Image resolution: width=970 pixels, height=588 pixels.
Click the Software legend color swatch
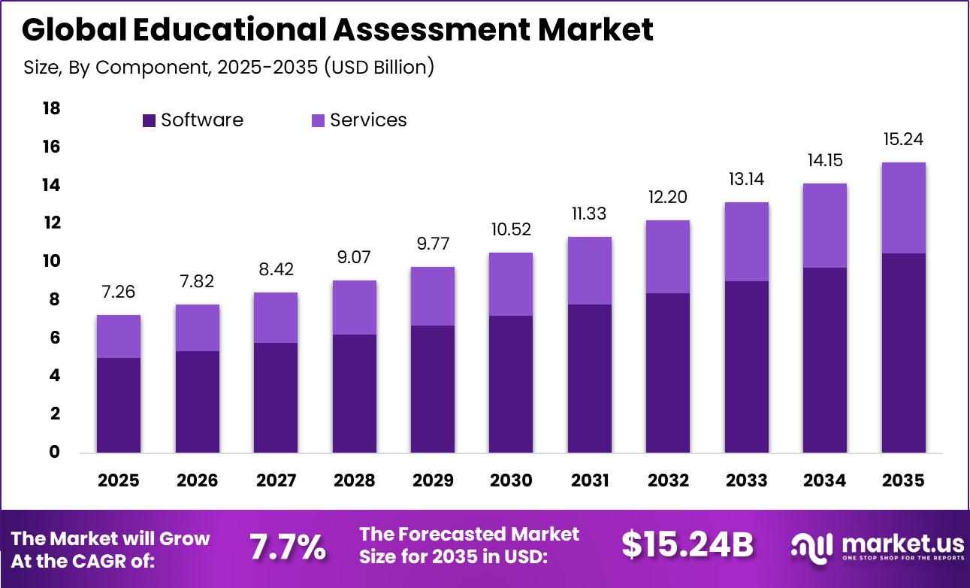pyautogui.click(x=149, y=120)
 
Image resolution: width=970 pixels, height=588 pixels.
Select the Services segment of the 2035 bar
pyautogui.click(x=903, y=208)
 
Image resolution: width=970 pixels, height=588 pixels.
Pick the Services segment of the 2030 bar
pyautogui.click(x=511, y=284)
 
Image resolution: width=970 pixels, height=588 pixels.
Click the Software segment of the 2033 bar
pyautogui.click(x=747, y=366)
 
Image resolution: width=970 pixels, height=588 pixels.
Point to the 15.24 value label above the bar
pyautogui.click(x=903, y=140)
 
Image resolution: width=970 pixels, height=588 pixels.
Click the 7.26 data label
pyautogui.click(x=119, y=292)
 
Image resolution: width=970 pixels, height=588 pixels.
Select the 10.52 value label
pyautogui.click(x=511, y=230)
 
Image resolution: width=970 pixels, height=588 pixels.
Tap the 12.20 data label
pyautogui.click(x=668, y=198)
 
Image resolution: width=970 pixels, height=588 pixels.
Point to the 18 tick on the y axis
pyautogui.click(x=51, y=109)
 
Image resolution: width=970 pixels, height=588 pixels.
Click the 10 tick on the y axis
pyautogui.click(x=51, y=262)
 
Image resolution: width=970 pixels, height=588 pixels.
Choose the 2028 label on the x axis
pyautogui.click(x=354, y=480)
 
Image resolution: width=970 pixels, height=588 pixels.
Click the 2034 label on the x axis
pyautogui.click(x=825, y=480)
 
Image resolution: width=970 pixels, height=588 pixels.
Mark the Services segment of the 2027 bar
pyautogui.click(x=276, y=318)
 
